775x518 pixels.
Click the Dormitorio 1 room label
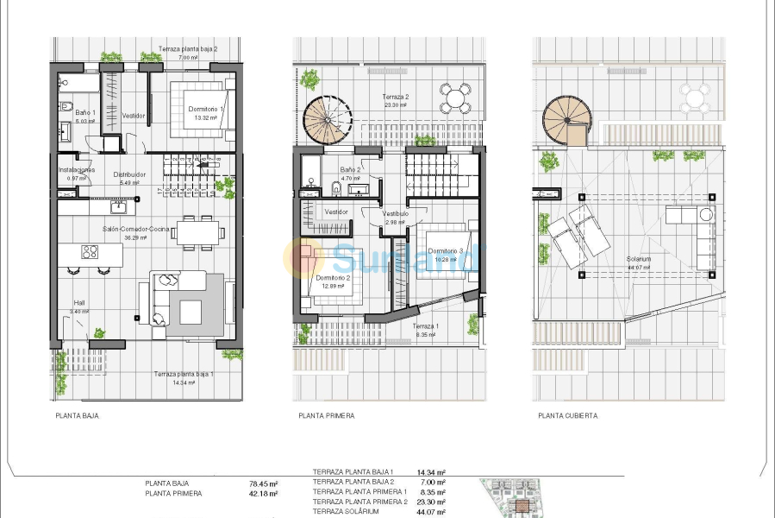(206, 110)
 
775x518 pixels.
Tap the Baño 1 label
(84, 112)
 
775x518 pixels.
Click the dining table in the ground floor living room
(198, 231)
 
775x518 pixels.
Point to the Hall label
(78, 303)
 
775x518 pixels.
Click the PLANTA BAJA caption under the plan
(76, 415)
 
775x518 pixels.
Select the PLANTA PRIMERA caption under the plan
(326, 415)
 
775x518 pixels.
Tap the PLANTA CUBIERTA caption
(567, 415)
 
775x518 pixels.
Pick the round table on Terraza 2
(454, 98)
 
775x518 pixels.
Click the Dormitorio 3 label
(446, 251)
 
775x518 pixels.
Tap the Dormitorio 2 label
(333, 278)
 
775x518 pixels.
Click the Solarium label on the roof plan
(639, 259)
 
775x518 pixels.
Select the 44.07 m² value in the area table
(430, 512)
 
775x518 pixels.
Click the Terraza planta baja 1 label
(183, 374)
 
